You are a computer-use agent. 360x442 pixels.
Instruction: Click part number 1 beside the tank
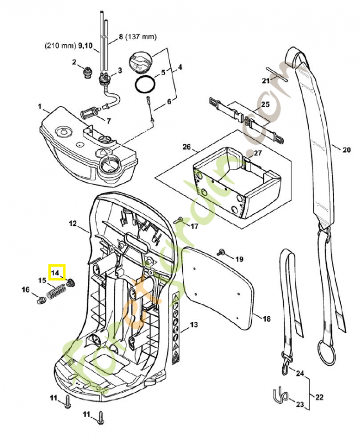tap(40, 106)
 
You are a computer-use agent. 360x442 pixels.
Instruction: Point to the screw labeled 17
tap(178, 220)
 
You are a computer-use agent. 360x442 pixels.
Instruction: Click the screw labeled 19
tap(223, 252)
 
